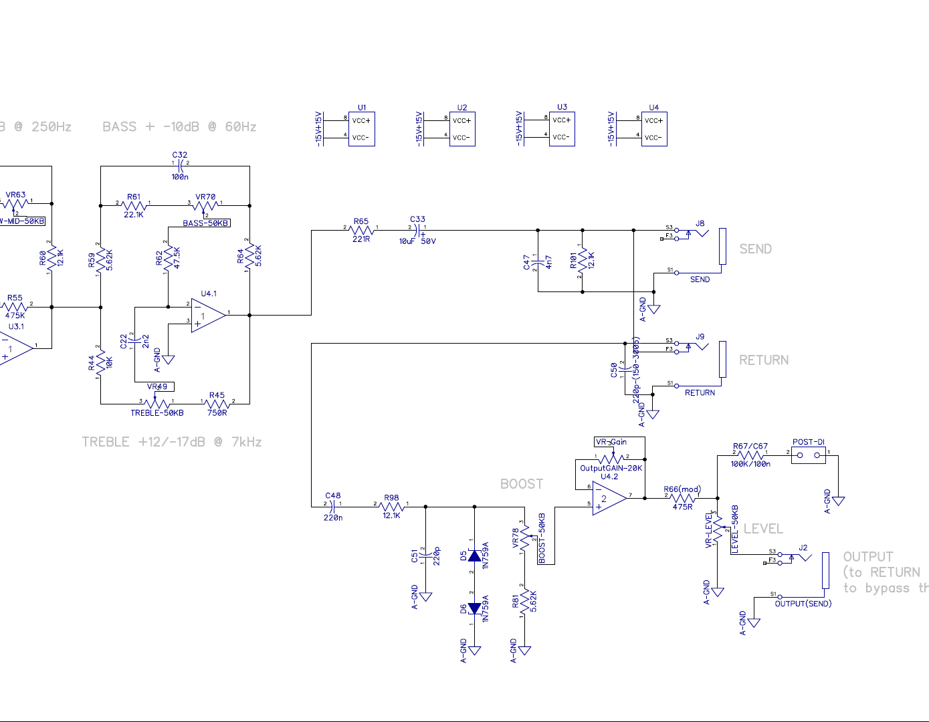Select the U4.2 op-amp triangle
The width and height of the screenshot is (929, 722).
pos(607,499)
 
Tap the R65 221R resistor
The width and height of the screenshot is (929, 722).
pos(361,231)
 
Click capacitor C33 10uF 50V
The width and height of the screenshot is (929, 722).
pos(418,231)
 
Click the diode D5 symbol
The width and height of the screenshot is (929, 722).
pos(475,556)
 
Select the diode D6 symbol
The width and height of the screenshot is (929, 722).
pos(475,608)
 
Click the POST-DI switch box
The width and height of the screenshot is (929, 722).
pos(809,455)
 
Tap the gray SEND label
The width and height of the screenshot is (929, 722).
pos(755,249)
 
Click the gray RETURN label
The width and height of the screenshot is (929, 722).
pos(763,360)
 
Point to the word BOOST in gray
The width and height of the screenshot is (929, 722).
pos(522,484)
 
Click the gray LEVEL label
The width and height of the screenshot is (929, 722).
pos(763,529)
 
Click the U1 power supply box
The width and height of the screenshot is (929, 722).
pos(361,129)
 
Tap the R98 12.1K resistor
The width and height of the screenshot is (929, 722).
pos(391,507)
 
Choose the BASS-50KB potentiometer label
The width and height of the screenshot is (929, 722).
pos(207,223)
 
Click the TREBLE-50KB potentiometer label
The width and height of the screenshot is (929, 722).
pos(157,413)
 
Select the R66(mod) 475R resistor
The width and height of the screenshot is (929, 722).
pos(682,498)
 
